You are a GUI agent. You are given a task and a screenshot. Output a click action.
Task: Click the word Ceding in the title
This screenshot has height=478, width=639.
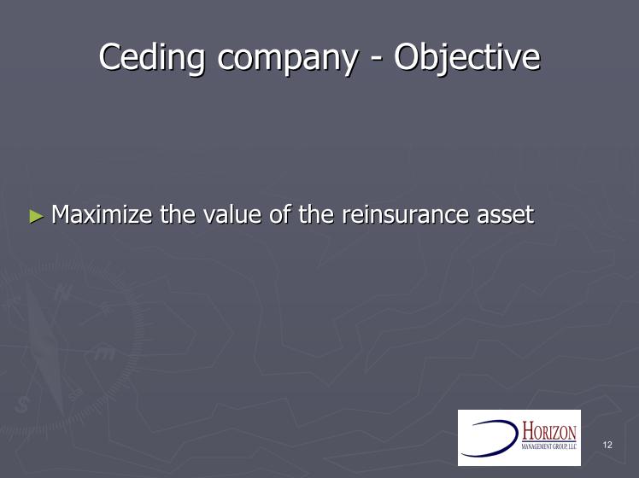pos(151,57)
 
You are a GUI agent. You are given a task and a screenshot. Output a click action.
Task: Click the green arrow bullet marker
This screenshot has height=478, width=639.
pos(36,216)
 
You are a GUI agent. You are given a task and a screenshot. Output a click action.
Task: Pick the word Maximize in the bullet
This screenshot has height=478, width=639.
pos(102,214)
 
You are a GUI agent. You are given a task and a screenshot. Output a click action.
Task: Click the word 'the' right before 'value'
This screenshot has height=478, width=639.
pos(178,214)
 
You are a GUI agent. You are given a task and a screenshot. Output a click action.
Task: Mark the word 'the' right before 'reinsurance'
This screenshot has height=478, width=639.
pos(316,214)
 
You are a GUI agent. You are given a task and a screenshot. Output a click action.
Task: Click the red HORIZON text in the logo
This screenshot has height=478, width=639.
pos(549,432)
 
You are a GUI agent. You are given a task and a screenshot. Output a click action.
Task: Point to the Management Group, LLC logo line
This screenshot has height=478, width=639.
pos(549,446)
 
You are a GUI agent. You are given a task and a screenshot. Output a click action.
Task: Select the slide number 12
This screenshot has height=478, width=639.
pos(607,445)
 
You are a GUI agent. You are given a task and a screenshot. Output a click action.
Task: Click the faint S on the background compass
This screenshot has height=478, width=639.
pos(22,405)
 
